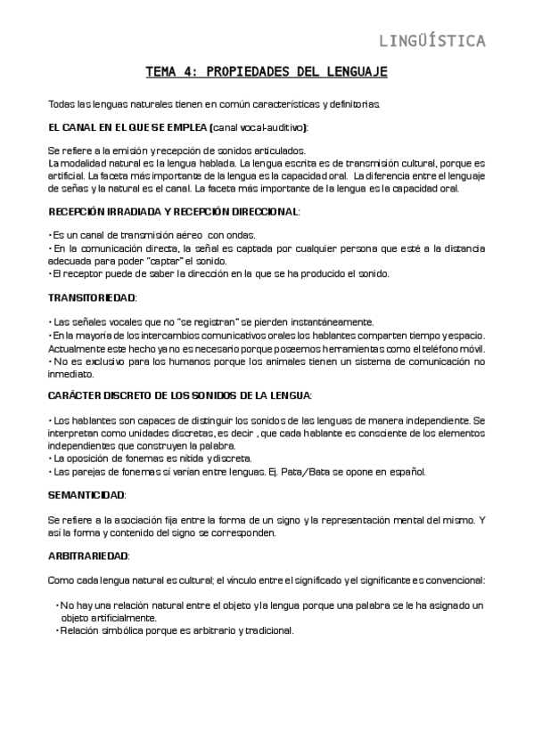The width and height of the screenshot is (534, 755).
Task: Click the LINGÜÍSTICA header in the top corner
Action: click(432, 40)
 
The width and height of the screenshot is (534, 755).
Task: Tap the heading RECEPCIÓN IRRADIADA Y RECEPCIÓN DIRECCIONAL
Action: click(173, 211)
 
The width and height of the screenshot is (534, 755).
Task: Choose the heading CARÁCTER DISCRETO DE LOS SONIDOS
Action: click(178, 394)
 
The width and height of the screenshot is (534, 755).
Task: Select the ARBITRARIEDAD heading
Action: click(88, 556)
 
